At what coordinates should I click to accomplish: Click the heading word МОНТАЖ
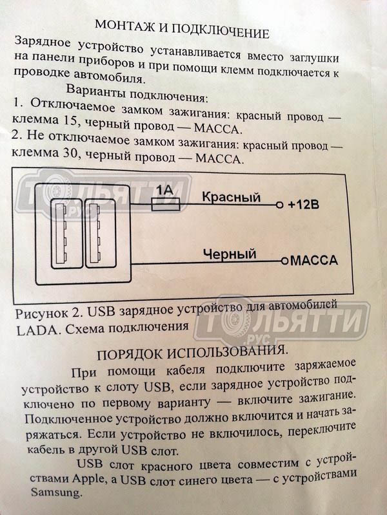coord(125,27)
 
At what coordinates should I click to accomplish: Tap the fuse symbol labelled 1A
coord(166,204)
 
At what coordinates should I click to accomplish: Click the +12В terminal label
coord(303,205)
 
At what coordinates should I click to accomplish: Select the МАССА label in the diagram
coord(314,261)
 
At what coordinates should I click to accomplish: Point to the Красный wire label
coord(231,197)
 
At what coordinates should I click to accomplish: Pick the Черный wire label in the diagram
coord(230,254)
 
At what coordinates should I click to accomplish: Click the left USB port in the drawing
coord(67,234)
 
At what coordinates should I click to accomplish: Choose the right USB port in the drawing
coord(101,233)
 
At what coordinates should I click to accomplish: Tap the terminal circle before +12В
coord(279,205)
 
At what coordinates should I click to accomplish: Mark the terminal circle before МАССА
coord(284,261)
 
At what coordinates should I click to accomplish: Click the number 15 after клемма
coord(69,121)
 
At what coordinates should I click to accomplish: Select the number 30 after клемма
coord(70,153)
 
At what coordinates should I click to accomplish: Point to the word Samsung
coord(55,492)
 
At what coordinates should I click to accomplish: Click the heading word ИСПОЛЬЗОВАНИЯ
coord(228,351)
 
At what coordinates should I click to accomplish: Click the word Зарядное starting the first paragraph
coord(43,42)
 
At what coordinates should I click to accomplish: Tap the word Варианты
coord(95,91)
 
